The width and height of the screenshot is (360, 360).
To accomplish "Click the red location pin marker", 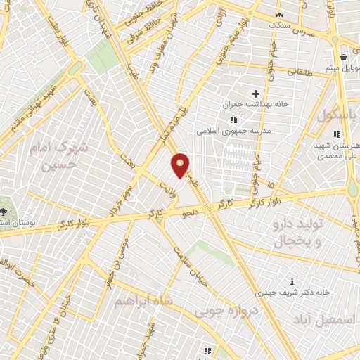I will pyautogui.click(x=180, y=165).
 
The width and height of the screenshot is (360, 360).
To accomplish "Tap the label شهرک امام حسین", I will pyautogui.click(x=53, y=157).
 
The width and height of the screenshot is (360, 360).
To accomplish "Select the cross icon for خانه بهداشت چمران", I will pyautogui.click(x=255, y=94).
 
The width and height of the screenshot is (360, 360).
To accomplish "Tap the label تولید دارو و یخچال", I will pyautogui.click(x=295, y=233).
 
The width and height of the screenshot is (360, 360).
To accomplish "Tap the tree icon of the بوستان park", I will pyautogui.click(x=6, y=210).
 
